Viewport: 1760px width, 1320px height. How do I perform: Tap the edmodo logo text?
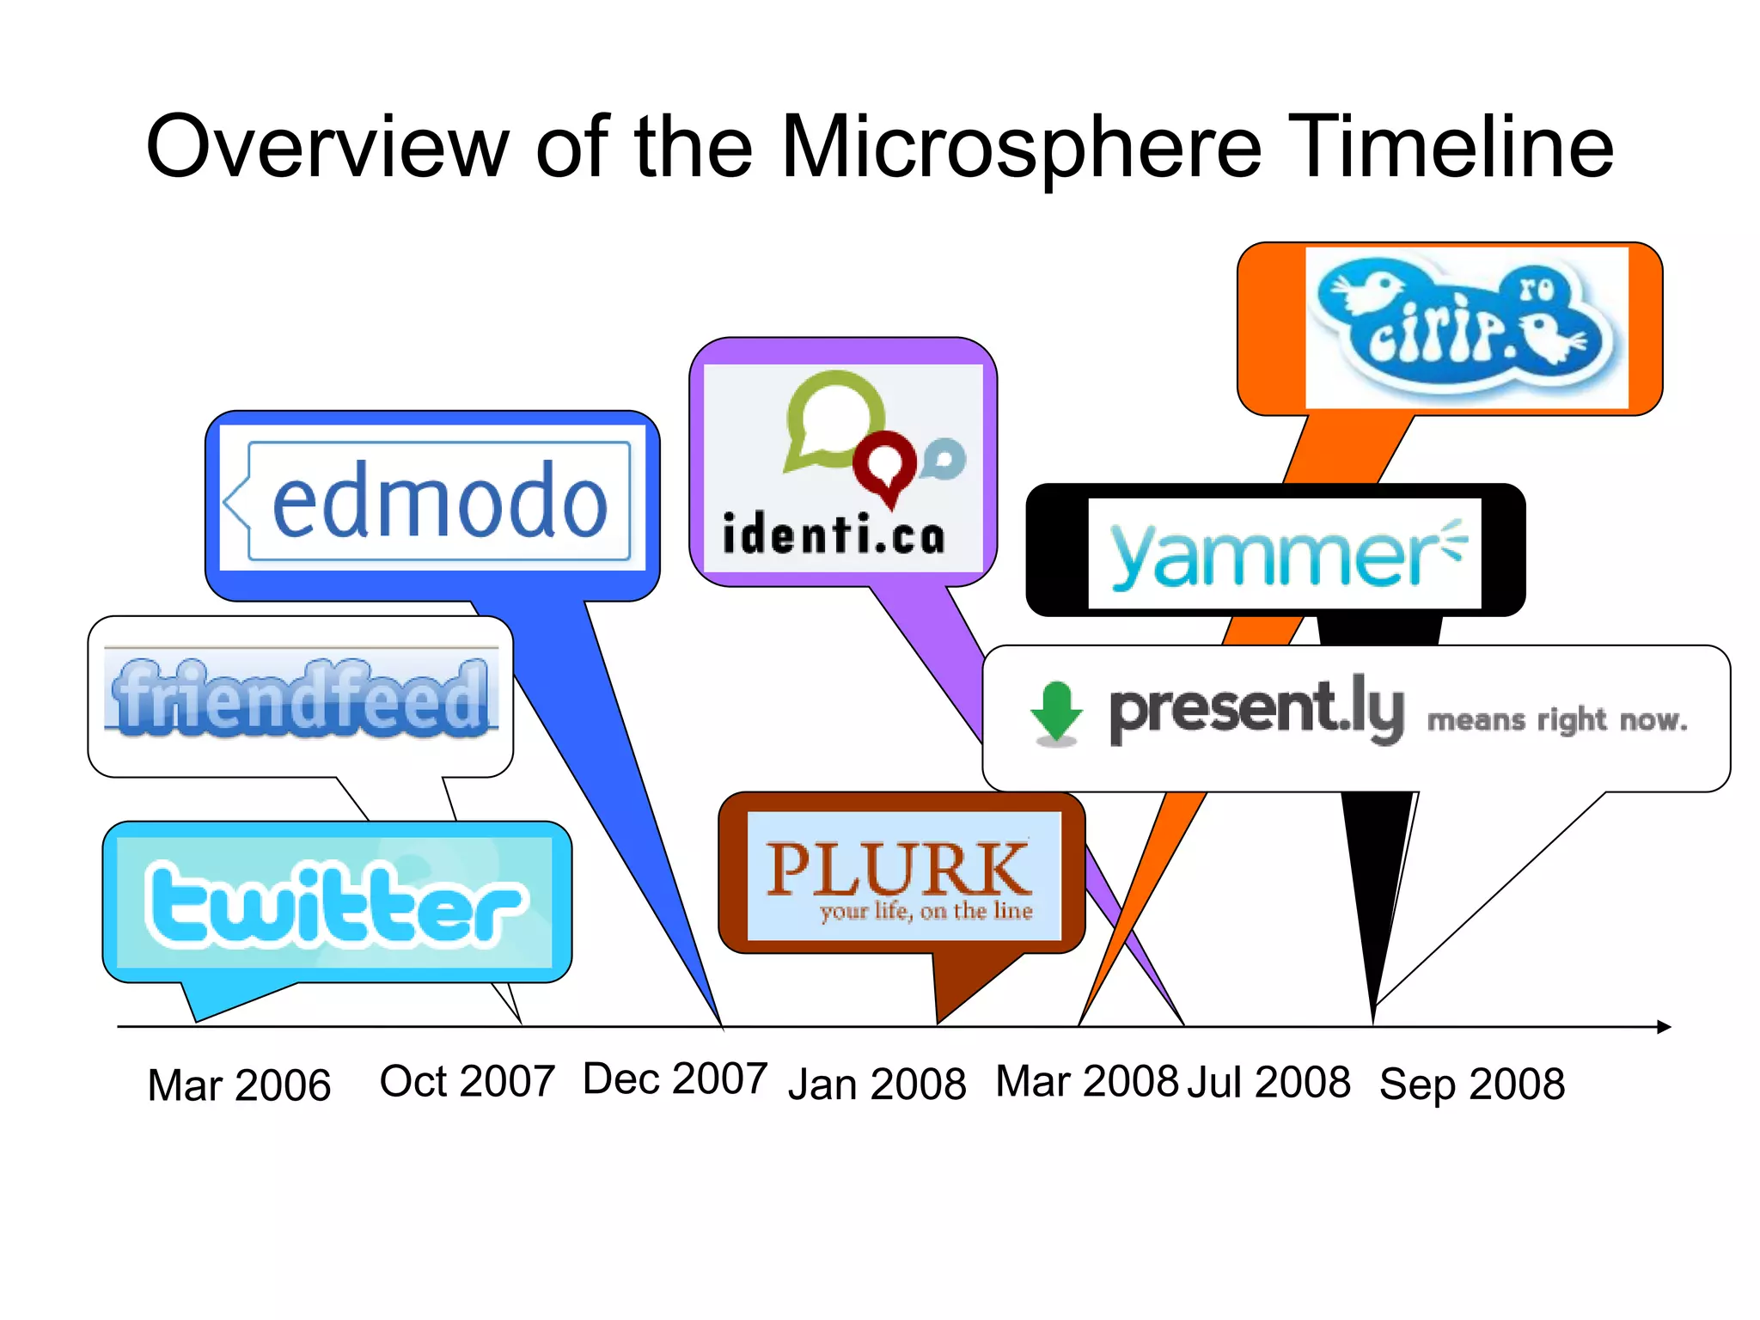[439, 502]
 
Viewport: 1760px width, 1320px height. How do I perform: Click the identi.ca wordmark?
[834, 535]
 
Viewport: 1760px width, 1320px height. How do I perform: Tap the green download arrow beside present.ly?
[1056, 712]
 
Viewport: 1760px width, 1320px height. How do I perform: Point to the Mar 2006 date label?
[239, 1085]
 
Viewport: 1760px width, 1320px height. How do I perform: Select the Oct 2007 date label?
[467, 1081]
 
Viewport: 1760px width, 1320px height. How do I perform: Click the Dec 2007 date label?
[675, 1079]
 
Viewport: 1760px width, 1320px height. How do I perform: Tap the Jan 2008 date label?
[877, 1084]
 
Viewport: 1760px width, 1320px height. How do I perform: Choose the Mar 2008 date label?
[1086, 1081]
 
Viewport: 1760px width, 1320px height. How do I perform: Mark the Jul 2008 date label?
[1268, 1082]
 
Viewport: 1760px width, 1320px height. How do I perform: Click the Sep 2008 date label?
[1471, 1084]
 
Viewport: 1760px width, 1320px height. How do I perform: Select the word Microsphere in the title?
[1021, 147]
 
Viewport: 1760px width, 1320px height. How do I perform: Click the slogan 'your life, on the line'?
[926, 911]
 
